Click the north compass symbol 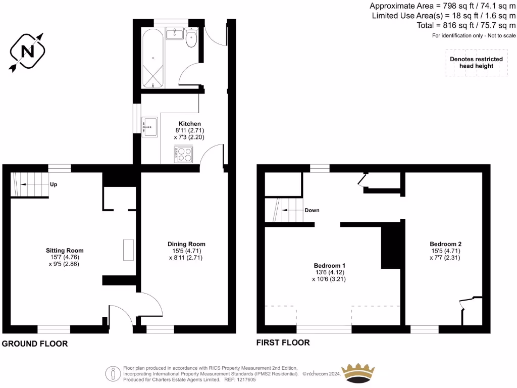(x=27, y=52)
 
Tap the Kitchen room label (x=190, y=124)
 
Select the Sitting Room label (x=65, y=251)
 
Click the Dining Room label (x=186, y=244)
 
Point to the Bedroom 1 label (x=330, y=265)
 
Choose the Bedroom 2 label (x=446, y=244)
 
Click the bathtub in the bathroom (x=152, y=59)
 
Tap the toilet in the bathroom (x=191, y=39)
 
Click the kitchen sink (x=150, y=126)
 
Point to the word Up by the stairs (x=54, y=184)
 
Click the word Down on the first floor (x=312, y=210)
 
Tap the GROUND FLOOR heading (x=34, y=344)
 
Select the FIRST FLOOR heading (x=283, y=343)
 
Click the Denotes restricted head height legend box (x=476, y=63)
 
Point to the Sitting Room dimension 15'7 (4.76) (x=65, y=257)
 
